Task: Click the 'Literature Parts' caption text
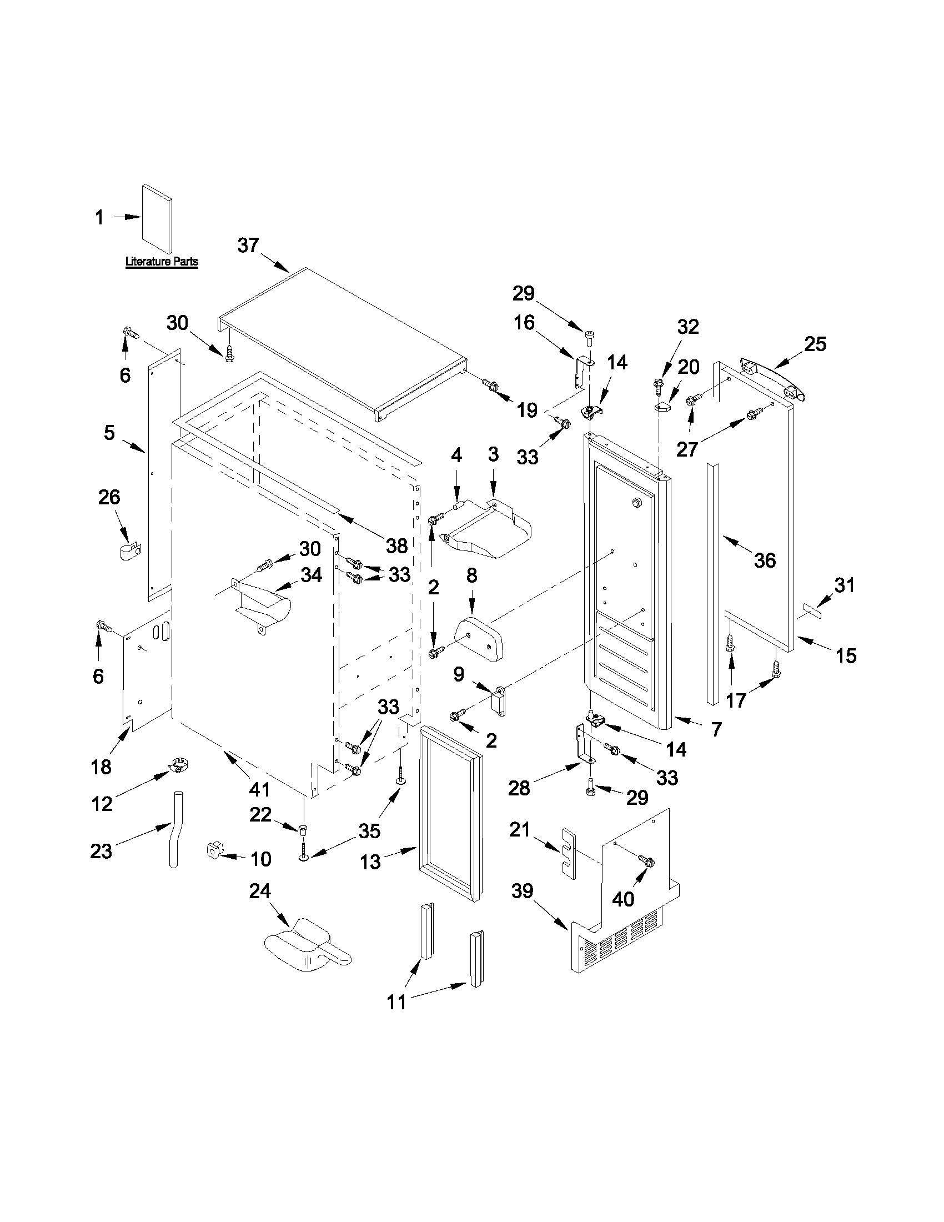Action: [161, 261]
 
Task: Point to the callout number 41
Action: [259, 789]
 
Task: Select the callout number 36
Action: [765, 560]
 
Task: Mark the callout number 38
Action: [396, 545]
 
